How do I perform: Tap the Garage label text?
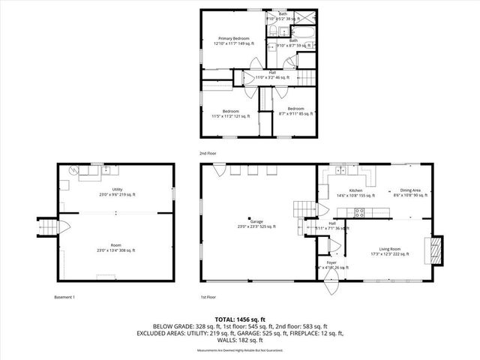(258, 224)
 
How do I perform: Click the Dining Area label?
(409, 193)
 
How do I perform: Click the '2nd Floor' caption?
(209, 153)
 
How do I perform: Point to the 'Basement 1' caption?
(64, 298)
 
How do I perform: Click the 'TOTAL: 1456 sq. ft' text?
(240, 319)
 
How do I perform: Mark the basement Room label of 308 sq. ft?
(115, 248)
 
